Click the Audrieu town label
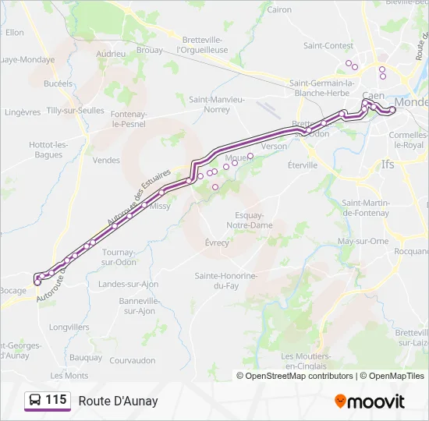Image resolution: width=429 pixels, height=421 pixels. [111, 54]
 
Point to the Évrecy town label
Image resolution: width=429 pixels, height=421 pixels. [217, 242]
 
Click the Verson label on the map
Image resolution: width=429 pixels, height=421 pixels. [275, 146]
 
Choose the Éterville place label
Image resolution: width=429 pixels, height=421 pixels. [303, 165]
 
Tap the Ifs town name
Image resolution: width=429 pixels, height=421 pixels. [388, 165]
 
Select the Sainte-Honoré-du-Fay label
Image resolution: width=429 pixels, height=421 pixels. [226, 281]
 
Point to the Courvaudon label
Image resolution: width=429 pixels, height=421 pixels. [133, 360]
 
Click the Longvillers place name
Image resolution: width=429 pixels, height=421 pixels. [69, 327]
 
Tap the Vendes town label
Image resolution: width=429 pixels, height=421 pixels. [106, 160]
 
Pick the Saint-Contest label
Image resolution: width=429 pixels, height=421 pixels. [328, 46]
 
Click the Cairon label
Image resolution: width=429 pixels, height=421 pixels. [279, 9]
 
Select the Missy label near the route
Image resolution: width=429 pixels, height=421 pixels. [160, 206]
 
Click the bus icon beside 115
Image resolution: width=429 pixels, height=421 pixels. [35, 400]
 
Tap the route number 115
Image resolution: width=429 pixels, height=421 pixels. [56, 400]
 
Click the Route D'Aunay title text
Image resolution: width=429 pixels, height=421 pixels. [118, 401]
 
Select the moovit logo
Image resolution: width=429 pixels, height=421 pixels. [370, 402]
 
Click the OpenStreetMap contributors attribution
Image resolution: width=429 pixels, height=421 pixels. [299, 376]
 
